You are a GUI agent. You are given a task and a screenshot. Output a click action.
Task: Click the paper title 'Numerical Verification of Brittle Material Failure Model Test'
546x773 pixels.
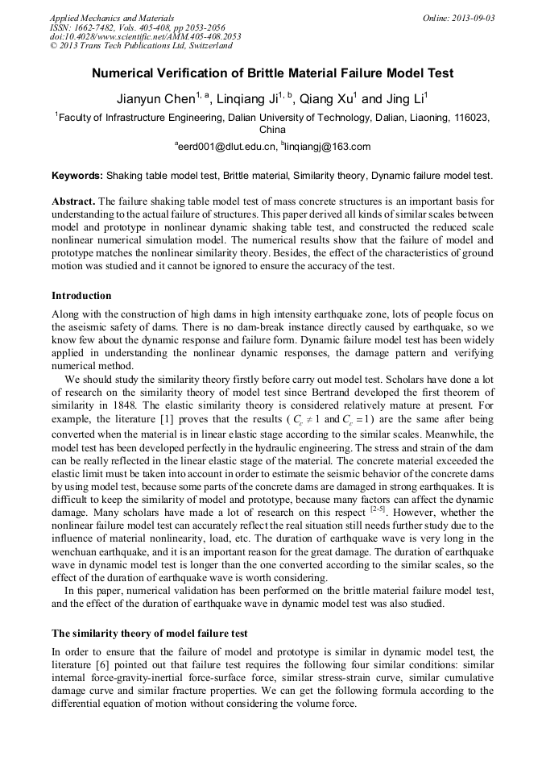tap(272, 73)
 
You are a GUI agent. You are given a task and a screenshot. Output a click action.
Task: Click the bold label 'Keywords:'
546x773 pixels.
tap(77, 175)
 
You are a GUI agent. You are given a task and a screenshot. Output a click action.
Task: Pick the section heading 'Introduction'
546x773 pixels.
tap(81, 296)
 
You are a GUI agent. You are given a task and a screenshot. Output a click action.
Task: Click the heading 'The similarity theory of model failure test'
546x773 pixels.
tap(150, 632)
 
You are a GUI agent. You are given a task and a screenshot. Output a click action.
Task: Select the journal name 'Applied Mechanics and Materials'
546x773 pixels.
tap(111, 17)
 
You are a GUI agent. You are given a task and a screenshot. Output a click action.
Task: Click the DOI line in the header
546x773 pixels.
tap(145, 36)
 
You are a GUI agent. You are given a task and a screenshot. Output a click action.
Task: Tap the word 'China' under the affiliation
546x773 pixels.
tap(272, 129)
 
